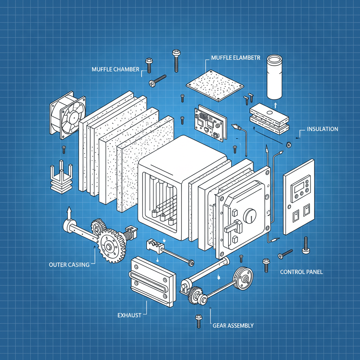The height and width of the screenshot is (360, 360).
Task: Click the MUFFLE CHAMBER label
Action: (x=115, y=69)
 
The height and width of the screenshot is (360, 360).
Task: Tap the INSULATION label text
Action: (x=322, y=129)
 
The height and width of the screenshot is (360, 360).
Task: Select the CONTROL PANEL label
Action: (x=301, y=272)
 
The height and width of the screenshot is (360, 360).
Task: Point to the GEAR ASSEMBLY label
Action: (x=233, y=326)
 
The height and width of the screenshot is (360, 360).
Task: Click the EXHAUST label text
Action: (x=129, y=315)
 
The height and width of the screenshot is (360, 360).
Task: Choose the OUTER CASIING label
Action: (x=69, y=265)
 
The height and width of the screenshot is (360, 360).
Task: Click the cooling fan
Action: (x=68, y=115)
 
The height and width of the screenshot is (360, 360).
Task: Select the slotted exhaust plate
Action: (x=153, y=281)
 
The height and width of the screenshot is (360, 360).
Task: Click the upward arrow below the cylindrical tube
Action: (x=275, y=104)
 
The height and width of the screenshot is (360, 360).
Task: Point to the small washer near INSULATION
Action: (x=289, y=144)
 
